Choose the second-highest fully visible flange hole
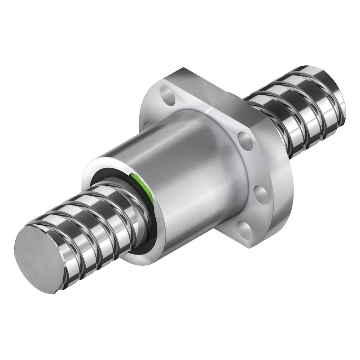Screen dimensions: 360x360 click(x=245, y=141)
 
